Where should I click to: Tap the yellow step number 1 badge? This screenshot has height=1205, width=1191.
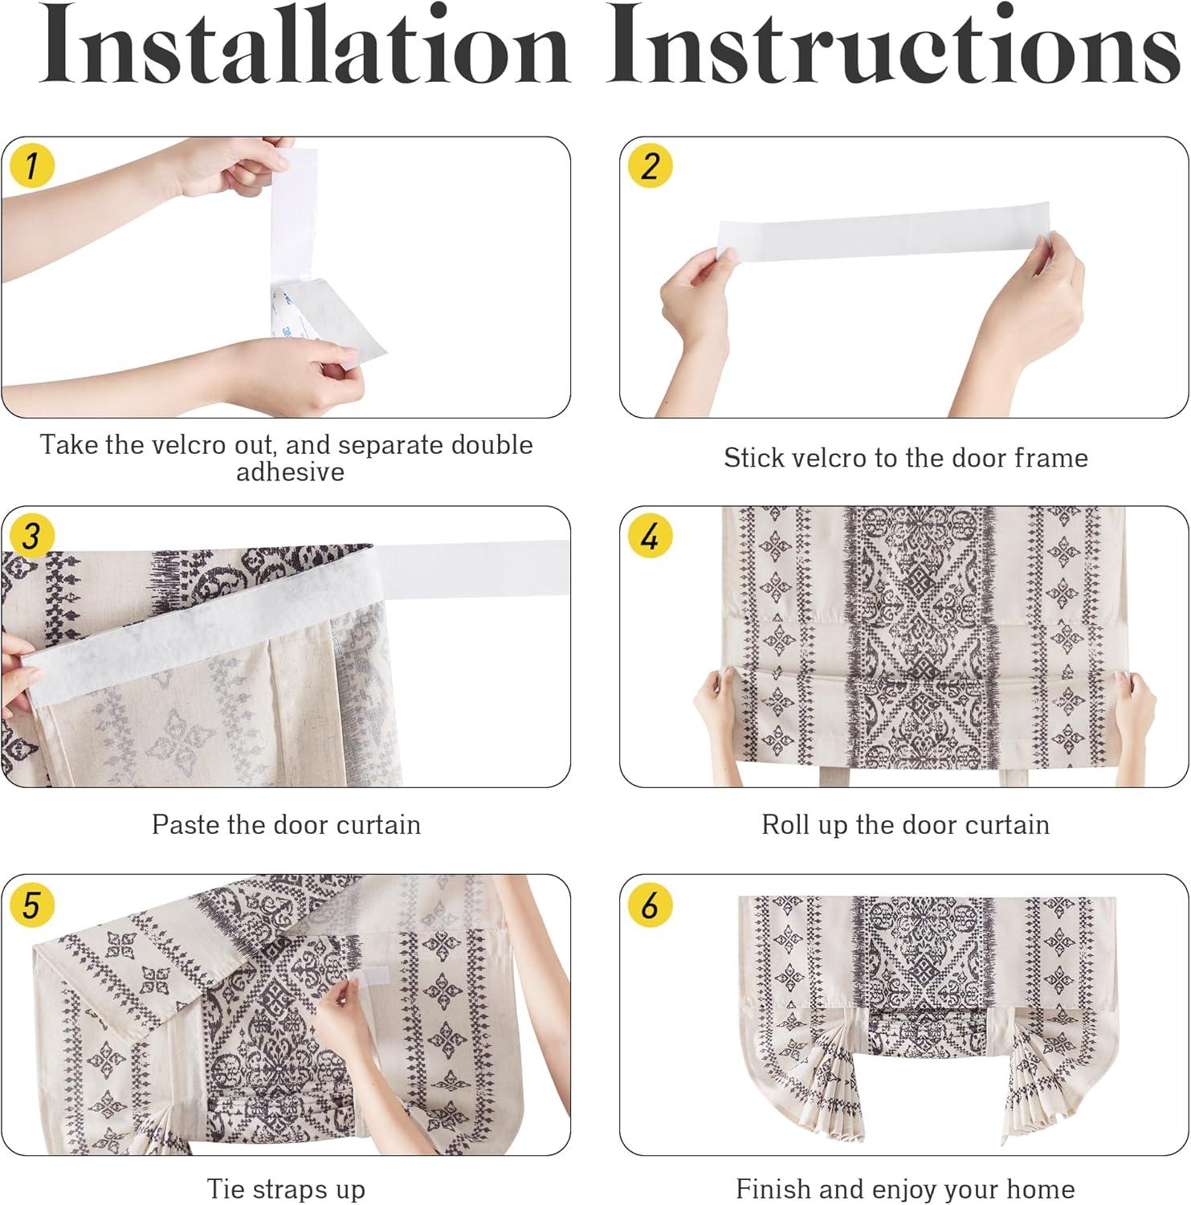click(x=31, y=166)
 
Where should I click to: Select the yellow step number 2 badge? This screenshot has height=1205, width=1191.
click(x=650, y=166)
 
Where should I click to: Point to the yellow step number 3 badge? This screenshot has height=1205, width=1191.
click(x=31, y=536)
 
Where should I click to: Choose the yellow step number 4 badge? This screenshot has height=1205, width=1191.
click(x=650, y=536)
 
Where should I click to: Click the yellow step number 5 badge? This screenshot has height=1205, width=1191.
click(x=31, y=905)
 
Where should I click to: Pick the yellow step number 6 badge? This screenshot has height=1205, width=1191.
click(x=650, y=905)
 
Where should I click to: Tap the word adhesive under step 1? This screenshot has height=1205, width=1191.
click(x=290, y=472)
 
